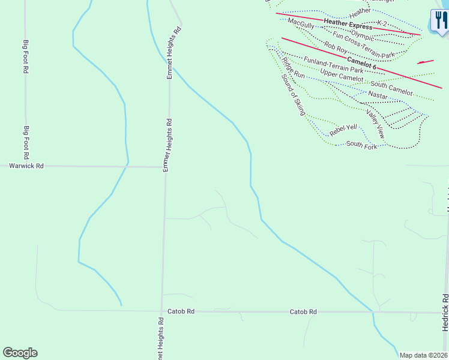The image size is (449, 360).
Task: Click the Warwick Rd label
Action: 27,166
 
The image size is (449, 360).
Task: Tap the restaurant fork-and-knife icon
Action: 439,20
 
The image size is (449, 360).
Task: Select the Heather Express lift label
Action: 348,24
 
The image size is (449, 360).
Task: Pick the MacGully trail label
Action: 301,23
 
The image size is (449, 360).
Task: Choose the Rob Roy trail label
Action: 336,46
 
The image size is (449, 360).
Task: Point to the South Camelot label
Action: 391,88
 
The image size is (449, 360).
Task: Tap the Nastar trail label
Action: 378,95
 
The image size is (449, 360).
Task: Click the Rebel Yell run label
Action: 343,128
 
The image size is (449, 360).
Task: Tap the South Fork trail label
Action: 361,145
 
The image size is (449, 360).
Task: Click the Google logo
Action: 20,353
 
